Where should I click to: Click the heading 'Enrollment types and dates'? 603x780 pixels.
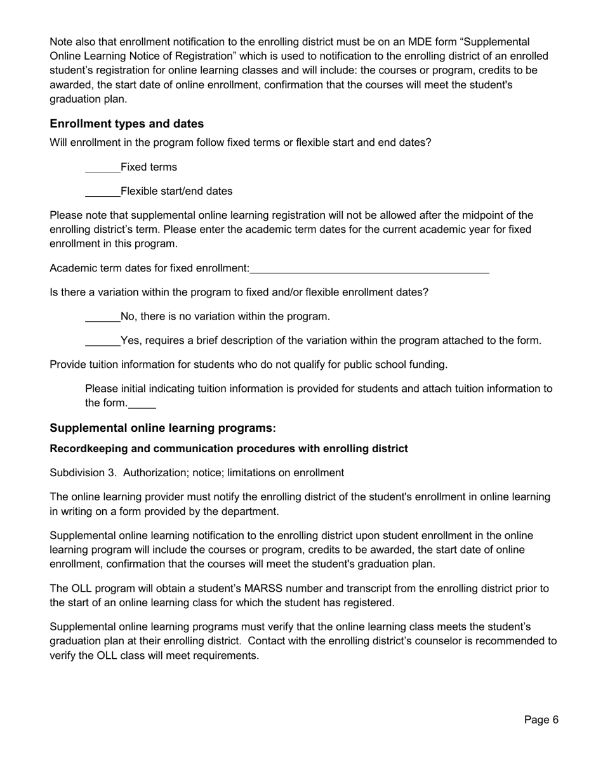(127, 124)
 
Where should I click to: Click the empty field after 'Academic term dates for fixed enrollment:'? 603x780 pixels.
(369, 269)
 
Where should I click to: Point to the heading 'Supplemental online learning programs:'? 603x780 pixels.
(162, 429)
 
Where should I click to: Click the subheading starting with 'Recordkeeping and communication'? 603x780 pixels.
(229, 449)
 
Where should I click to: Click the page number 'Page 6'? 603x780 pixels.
(541, 720)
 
